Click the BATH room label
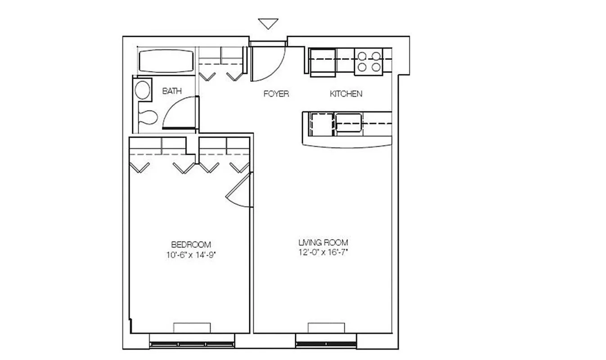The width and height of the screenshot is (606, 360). coord(172,91)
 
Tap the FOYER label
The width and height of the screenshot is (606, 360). coord(276,94)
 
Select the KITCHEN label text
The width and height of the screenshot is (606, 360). coord(346,94)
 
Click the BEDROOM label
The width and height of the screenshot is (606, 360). coord(191,245)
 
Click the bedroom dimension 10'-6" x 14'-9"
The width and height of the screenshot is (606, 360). coord(191,255)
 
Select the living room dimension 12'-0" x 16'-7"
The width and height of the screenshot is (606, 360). coord(323,252)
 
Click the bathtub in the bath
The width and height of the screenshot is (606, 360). coord(166,61)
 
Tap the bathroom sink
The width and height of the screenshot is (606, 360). coord(143,90)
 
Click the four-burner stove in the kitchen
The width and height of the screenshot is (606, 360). coord(368,62)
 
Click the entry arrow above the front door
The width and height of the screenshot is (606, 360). coord(268,23)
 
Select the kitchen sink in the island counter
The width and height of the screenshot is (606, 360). coord(348,123)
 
